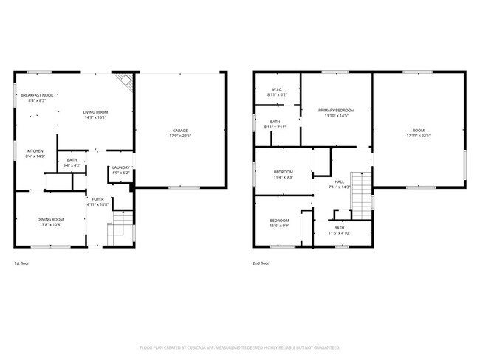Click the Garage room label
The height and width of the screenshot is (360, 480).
(x=179, y=133)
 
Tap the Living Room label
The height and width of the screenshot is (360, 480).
(x=96, y=113)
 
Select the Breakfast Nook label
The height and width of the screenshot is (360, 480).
(x=37, y=97)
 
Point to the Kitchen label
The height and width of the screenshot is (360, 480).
(x=35, y=153)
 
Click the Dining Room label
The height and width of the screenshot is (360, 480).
(x=51, y=221)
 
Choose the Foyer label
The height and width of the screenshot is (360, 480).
(x=97, y=201)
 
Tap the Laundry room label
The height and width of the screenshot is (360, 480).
(x=120, y=170)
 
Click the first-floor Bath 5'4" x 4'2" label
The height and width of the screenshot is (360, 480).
(x=72, y=162)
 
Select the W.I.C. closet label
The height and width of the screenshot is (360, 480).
(x=277, y=91)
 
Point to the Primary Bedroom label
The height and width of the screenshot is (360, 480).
(x=336, y=112)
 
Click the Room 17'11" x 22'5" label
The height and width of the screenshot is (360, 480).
(x=418, y=133)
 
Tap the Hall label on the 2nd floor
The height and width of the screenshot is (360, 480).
(x=340, y=184)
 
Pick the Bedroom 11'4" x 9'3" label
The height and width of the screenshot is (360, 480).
(x=284, y=174)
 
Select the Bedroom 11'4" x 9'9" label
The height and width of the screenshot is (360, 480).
(x=279, y=223)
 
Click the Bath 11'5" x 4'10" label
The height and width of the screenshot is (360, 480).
(x=338, y=230)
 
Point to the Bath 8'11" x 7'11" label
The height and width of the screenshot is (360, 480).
(x=275, y=124)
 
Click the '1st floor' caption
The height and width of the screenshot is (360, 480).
(x=22, y=263)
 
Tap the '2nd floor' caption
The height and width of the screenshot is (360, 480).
(x=261, y=263)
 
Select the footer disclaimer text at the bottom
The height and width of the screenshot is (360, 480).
(x=239, y=347)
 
